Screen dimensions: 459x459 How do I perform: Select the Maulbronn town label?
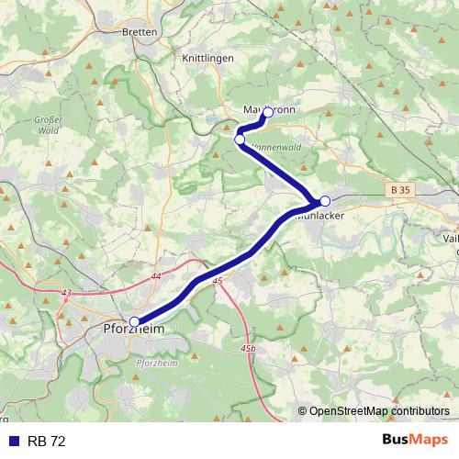click(269, 109)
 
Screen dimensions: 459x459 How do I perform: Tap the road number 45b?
click(249, 350)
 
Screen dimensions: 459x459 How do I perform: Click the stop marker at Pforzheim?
click(135, 321)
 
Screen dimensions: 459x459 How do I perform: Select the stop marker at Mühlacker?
click(324, 200)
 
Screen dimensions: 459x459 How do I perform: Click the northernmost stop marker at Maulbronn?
click(267, 112)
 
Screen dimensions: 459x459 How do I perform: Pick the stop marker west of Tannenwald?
click(240, 140)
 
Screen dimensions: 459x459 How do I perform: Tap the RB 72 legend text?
click(47, 442)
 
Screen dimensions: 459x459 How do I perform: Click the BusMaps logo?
click(414, 442)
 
